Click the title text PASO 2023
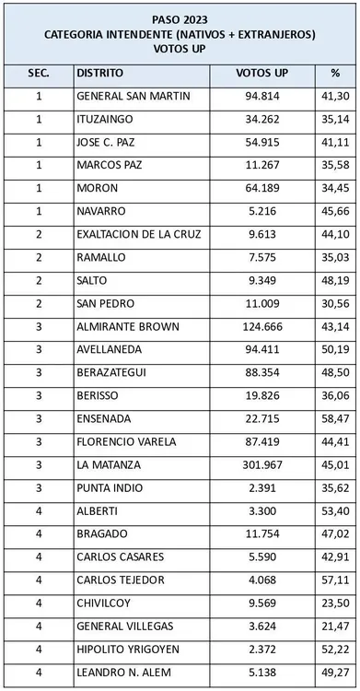tap(180, 17)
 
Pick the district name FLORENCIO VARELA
tap(126, 442)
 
